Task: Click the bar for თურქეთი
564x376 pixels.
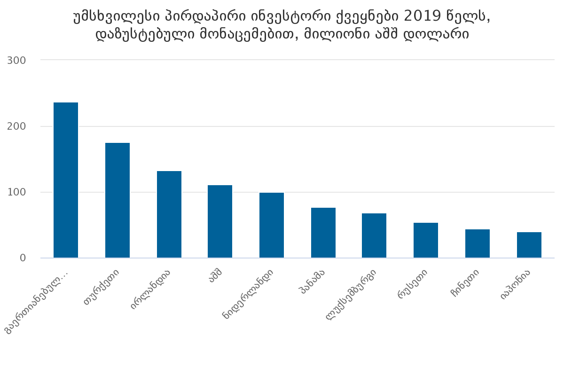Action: coord(117,200)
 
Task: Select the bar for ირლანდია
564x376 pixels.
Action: coord(169,214)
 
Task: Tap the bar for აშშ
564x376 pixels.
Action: coord(220,221)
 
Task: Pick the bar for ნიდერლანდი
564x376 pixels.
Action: coord(272,225)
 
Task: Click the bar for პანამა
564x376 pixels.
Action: coord(323,233)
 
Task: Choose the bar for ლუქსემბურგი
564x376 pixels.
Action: coord(374,235)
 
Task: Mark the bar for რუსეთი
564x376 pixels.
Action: coord(426,240)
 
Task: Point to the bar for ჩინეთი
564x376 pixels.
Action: coord(478,243)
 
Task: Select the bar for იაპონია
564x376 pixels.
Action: coord(529,245)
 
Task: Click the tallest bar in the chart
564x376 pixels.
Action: coord(66,180)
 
